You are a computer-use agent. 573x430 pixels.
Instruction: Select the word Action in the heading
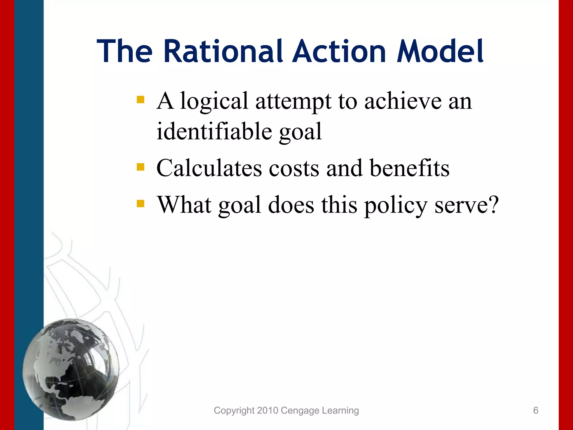(339, 51)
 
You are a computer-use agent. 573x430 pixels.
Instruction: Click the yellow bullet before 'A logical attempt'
(140, 100)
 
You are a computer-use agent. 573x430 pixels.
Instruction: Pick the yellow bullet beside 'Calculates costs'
(140, 167)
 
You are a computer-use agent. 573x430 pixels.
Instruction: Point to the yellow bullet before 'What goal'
(140, 204)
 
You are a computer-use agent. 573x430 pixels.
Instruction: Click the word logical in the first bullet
(214, 101)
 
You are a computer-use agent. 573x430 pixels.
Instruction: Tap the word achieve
(403, 101)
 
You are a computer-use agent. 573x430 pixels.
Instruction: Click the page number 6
(536, 410)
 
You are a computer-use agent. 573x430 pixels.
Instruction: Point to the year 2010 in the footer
(267, 410)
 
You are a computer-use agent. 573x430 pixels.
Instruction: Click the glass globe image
(71, 370)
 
